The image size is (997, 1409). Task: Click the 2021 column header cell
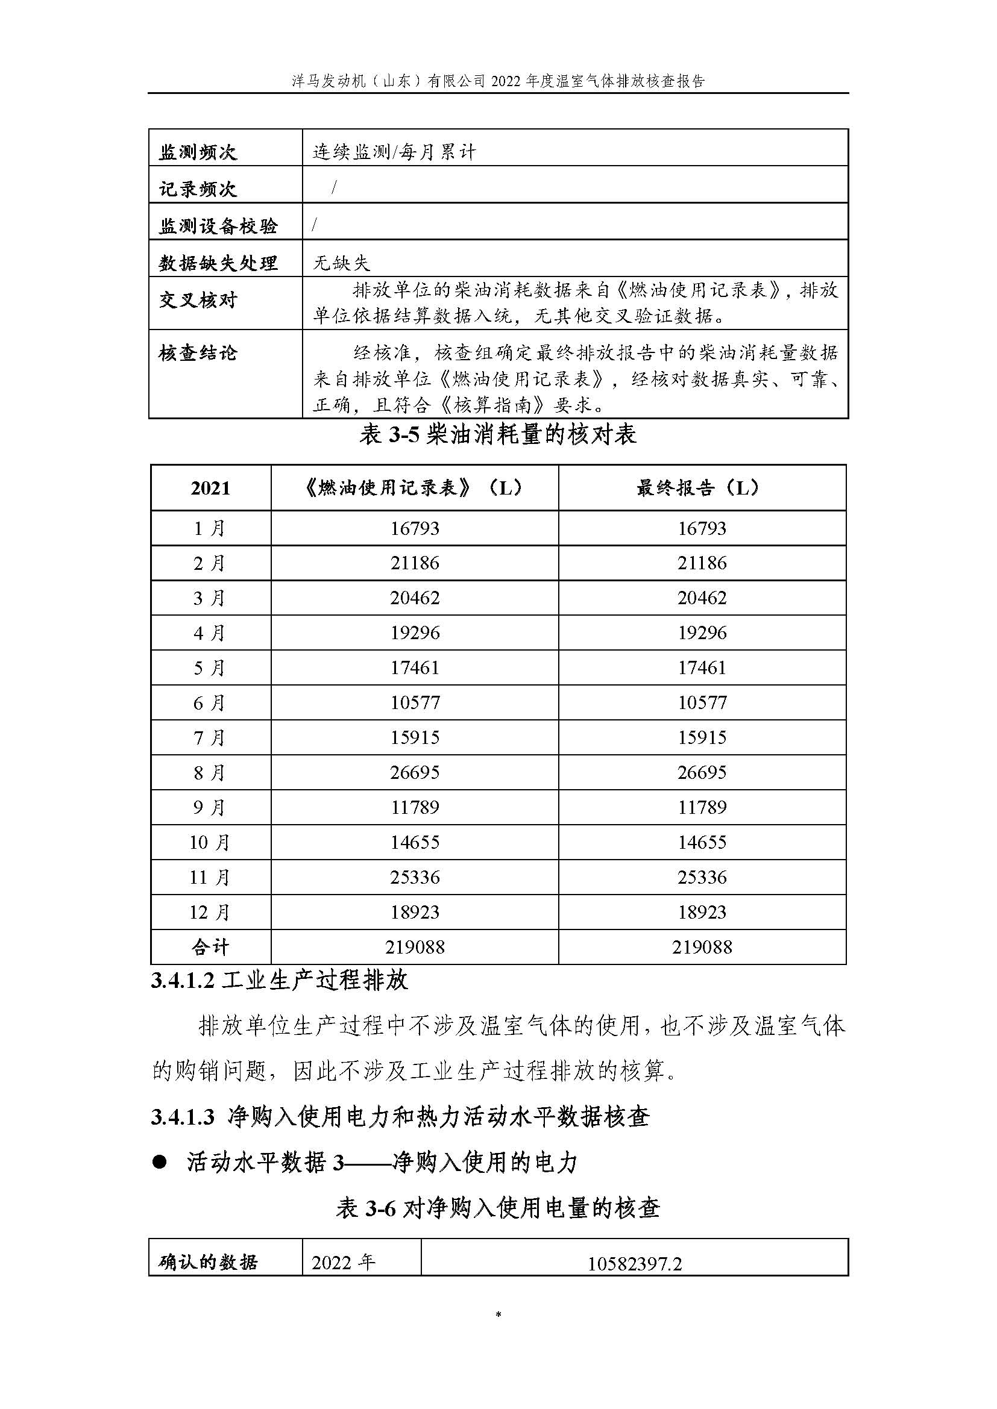click(x=210, y=488)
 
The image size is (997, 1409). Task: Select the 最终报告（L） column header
click(x=701, y=488)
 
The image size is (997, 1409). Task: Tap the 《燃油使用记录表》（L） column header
click(x=414, y=488)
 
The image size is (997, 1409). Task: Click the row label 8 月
click(x=210, y=772)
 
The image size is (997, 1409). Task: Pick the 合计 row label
click(x=210, y=947)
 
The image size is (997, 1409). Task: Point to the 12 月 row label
click(x=210, y=912)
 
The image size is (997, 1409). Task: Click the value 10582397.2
click(x=634, y=1264)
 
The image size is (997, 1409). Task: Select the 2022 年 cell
click(x=343, y=1263)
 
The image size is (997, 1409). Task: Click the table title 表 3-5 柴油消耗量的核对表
click(x=498, y=435)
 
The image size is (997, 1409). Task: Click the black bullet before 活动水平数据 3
click(x=160, y=1161)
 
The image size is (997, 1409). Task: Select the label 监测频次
click(x=198, y=152)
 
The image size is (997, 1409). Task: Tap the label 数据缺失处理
click(x=218, y=263)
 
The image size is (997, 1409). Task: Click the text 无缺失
click(x=341, y=263)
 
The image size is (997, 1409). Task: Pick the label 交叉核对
click(x=198, y=300)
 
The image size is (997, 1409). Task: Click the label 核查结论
click(x=198, y=353)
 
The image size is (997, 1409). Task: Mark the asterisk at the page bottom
click(x=498, y=1315)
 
